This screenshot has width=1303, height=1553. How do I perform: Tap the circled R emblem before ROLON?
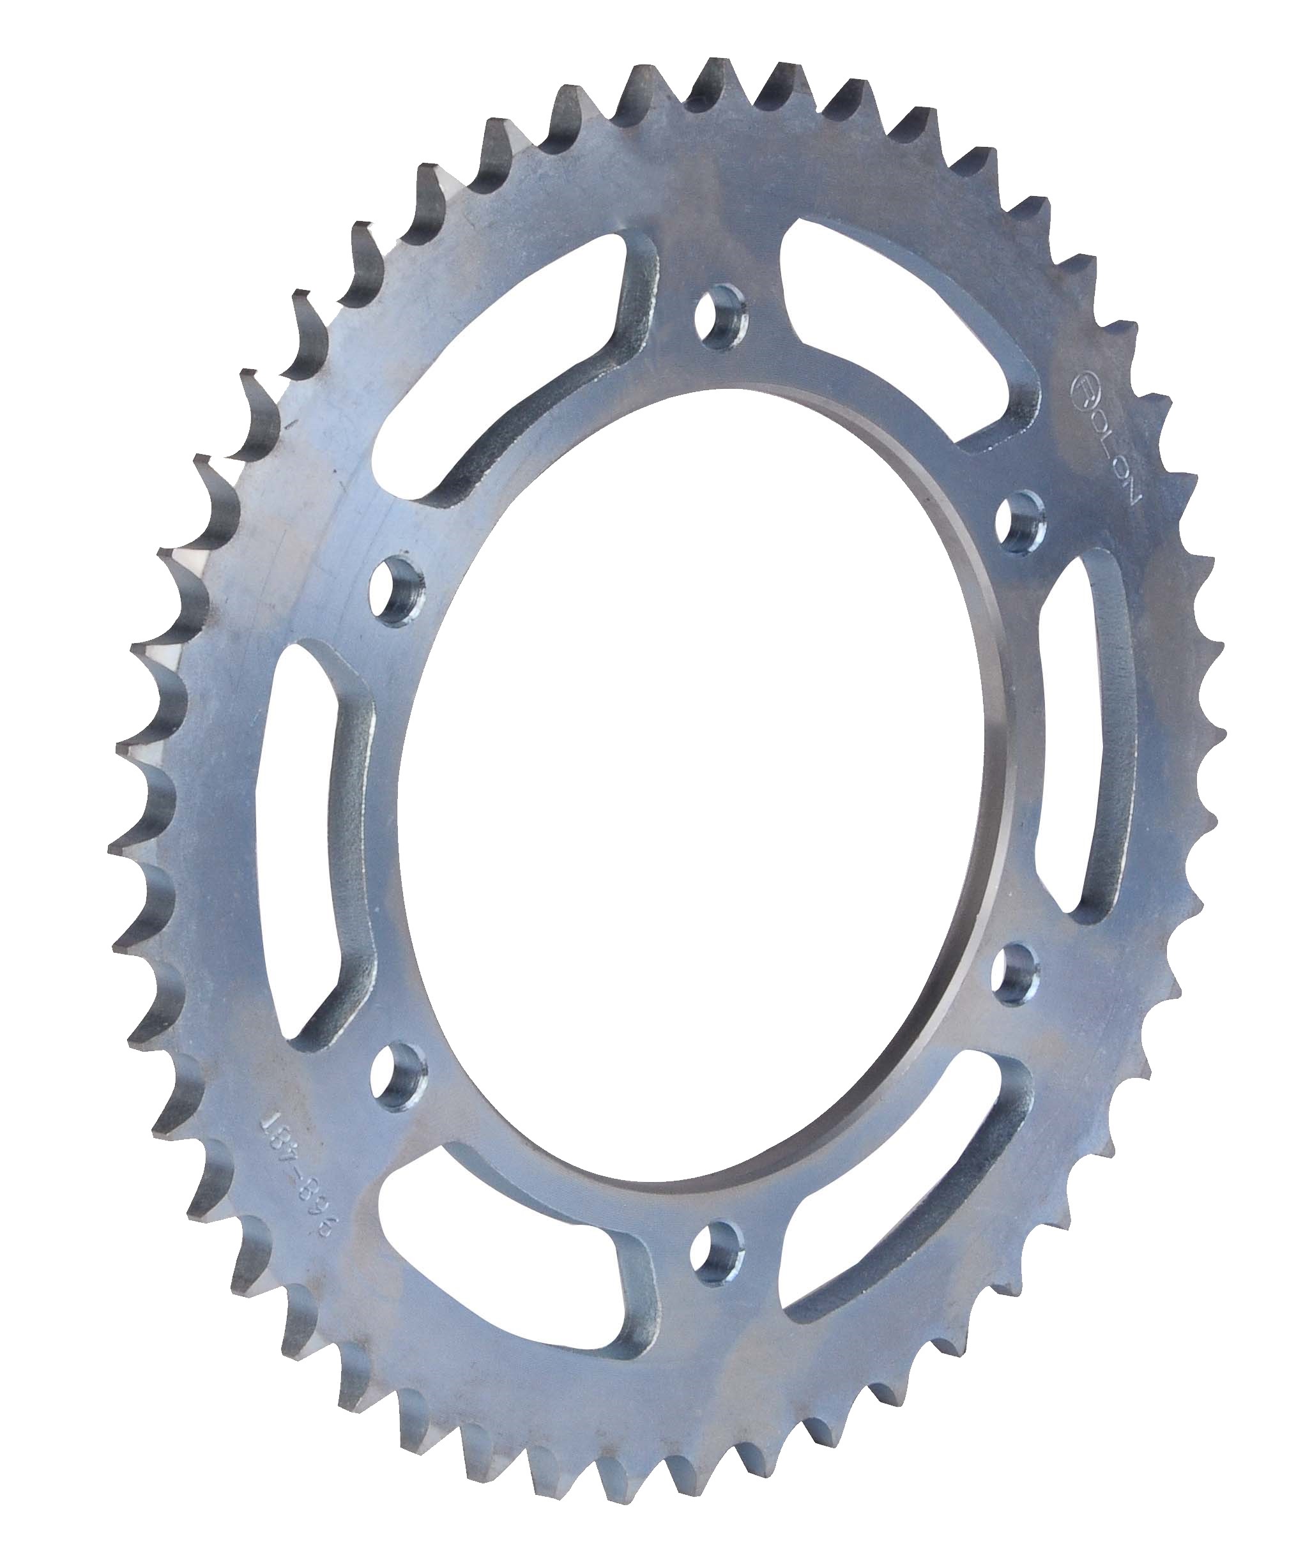[1083, 388]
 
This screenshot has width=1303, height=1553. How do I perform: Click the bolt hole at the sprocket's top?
[720, 316]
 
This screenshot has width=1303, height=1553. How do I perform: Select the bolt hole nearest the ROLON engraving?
[1021, 520]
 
